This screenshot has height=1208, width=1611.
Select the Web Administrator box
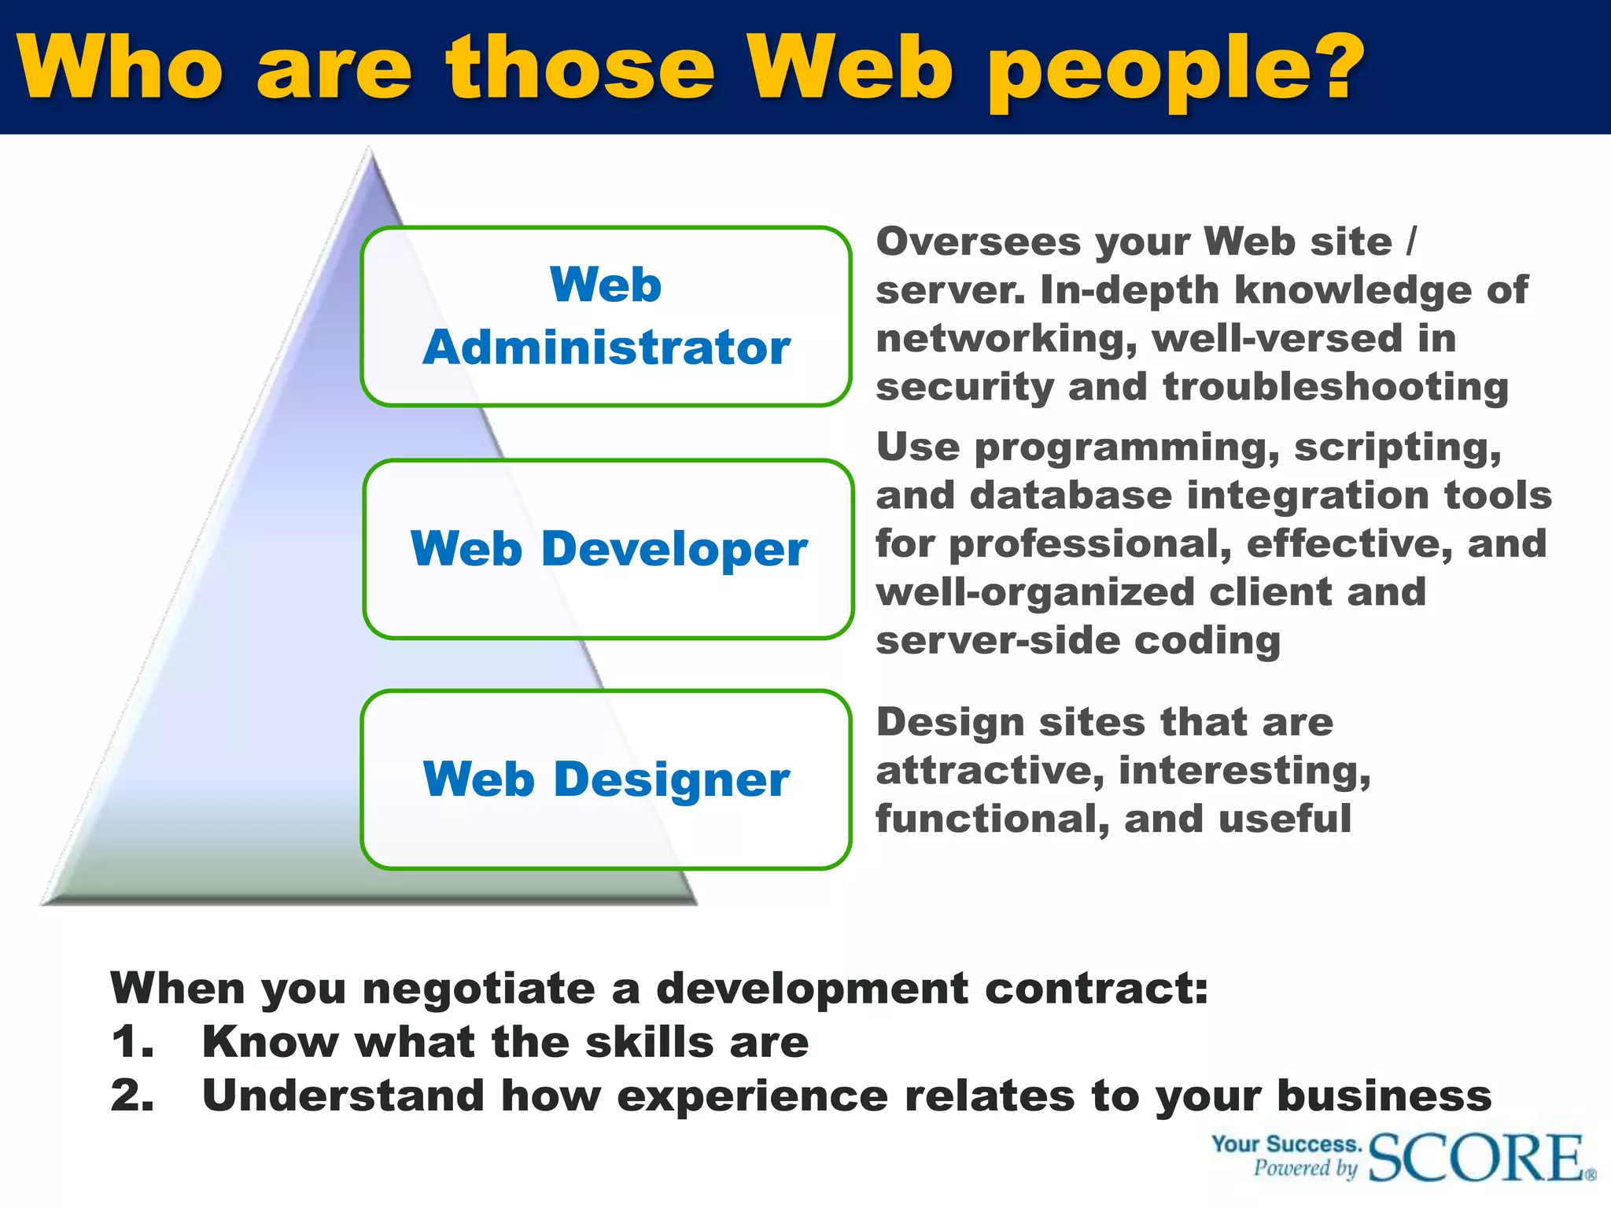pyautogui.click(x=606, y=316)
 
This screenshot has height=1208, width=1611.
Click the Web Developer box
pyautogui.click(x=608, y=549)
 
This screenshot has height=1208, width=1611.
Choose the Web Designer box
pyautogui.click(x=606, y=779)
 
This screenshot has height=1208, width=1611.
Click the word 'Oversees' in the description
pyautogui.click(x=979, y=241)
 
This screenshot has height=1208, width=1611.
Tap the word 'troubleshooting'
pyautogui.click(x=1336, y=387)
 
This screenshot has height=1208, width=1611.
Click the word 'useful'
pyautogui.click(x=1285, y=819)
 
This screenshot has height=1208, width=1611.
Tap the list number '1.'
pyautogui.click(x=132, y=1042)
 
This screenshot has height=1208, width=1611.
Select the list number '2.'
pyautogui.click(x=132, y=1096)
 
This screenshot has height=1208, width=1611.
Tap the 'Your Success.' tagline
pyautogui.click(x=1286, y=1144)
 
